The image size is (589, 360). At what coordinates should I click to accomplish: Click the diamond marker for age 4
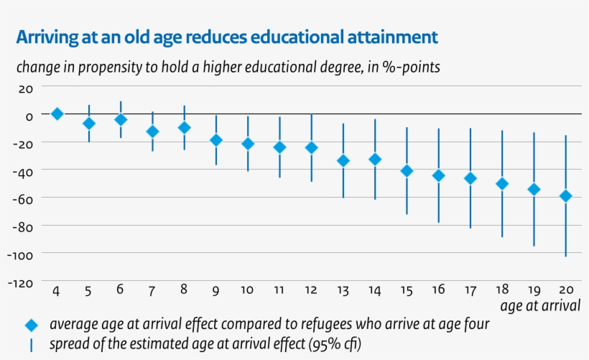click(x=57, y=114)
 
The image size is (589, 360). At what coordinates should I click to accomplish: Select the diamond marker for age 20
click(x=565, y=195)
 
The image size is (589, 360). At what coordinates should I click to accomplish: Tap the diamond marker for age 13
click(x=343, y=161)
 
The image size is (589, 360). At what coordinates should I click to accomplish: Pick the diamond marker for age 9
click(x=215, y=140)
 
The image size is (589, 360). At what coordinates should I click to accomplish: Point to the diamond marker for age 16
click(x=439, y=175)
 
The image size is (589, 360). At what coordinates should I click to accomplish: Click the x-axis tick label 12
click(x=311, y=290)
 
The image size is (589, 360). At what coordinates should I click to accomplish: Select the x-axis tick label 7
click(x=152, y=290)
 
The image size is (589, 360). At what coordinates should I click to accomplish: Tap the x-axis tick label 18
click(x=502, y=290)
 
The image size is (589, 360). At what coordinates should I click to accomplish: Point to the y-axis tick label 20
click(x=26, y=88)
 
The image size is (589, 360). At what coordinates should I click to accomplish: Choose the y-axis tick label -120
click(x=20, y=283)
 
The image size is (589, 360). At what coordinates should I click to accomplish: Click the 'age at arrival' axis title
click(x=540, y=306)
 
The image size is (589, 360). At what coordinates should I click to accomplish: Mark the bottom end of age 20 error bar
click(x=565, y=256)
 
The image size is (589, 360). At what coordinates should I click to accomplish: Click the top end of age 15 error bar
click(x=407, y=128)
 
